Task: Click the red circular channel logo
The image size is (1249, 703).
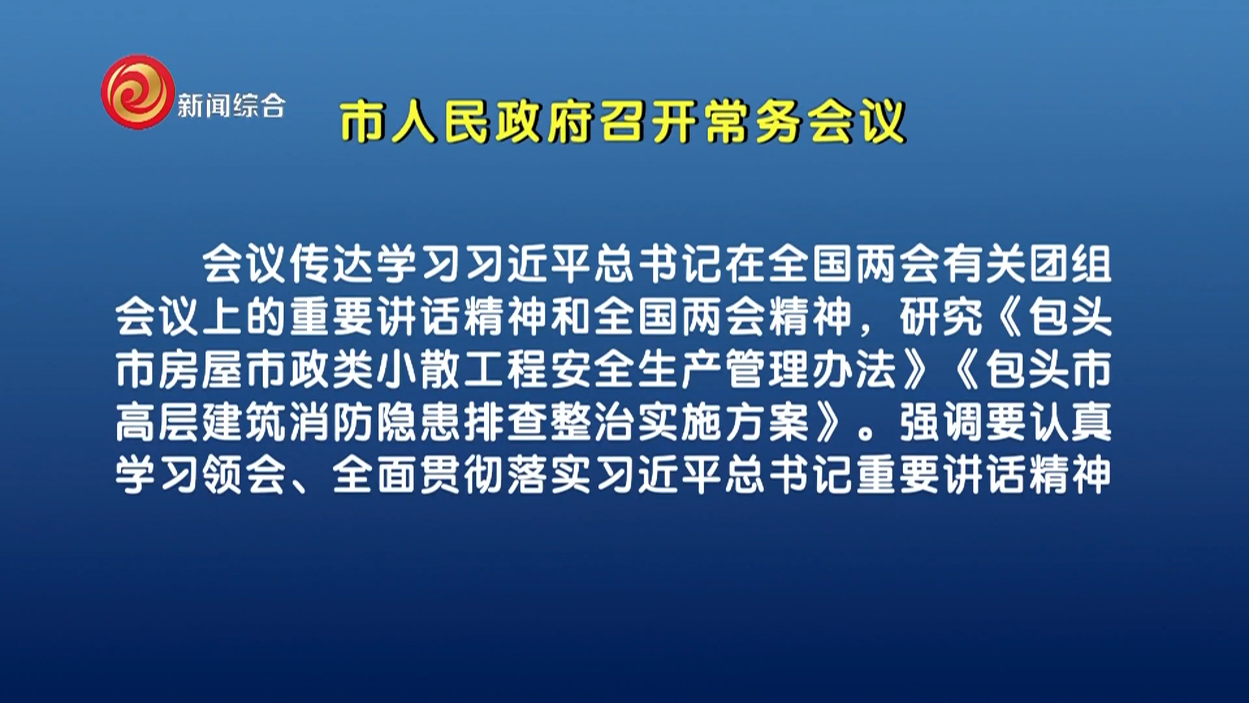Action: (138, 92)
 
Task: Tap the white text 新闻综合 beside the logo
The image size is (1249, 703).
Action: (231, 105)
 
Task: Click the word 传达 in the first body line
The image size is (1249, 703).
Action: (332, 264)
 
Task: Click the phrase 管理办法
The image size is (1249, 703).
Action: (811, 369)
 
